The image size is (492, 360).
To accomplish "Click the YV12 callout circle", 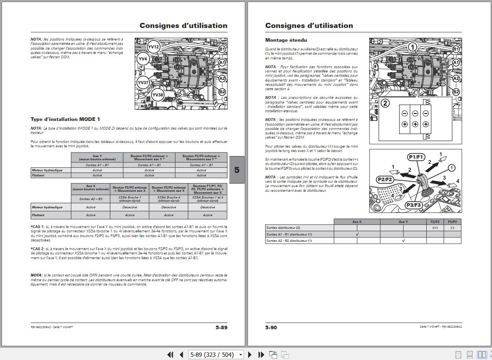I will point(154,47).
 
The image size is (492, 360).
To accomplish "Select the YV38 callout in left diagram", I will point(157,95).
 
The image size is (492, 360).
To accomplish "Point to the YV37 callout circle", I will point(143,83).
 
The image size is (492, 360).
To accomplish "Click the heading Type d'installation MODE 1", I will point(65,119).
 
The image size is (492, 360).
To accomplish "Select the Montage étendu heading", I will point(286,40).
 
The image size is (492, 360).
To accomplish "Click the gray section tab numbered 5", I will point(237,170).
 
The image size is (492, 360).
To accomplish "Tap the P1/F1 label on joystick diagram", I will point(416,157).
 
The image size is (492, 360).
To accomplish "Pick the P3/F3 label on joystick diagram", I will point(414,205).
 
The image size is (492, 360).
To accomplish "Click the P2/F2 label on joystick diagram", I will point(385,179).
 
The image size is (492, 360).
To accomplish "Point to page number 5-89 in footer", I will point(221,327).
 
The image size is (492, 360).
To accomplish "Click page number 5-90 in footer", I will point(271,327).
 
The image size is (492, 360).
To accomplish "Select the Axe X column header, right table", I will point(357,222).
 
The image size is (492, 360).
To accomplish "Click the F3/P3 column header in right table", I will point(452,222).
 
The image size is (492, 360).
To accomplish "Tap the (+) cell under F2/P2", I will point(435,228).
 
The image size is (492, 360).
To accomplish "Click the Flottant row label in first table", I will point(39,175).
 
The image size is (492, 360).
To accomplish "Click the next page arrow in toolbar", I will point(250,354).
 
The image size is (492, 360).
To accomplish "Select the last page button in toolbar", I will point(261,354).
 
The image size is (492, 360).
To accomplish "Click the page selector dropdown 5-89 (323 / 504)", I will point(216,354).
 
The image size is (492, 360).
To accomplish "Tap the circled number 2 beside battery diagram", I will point(385,103).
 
